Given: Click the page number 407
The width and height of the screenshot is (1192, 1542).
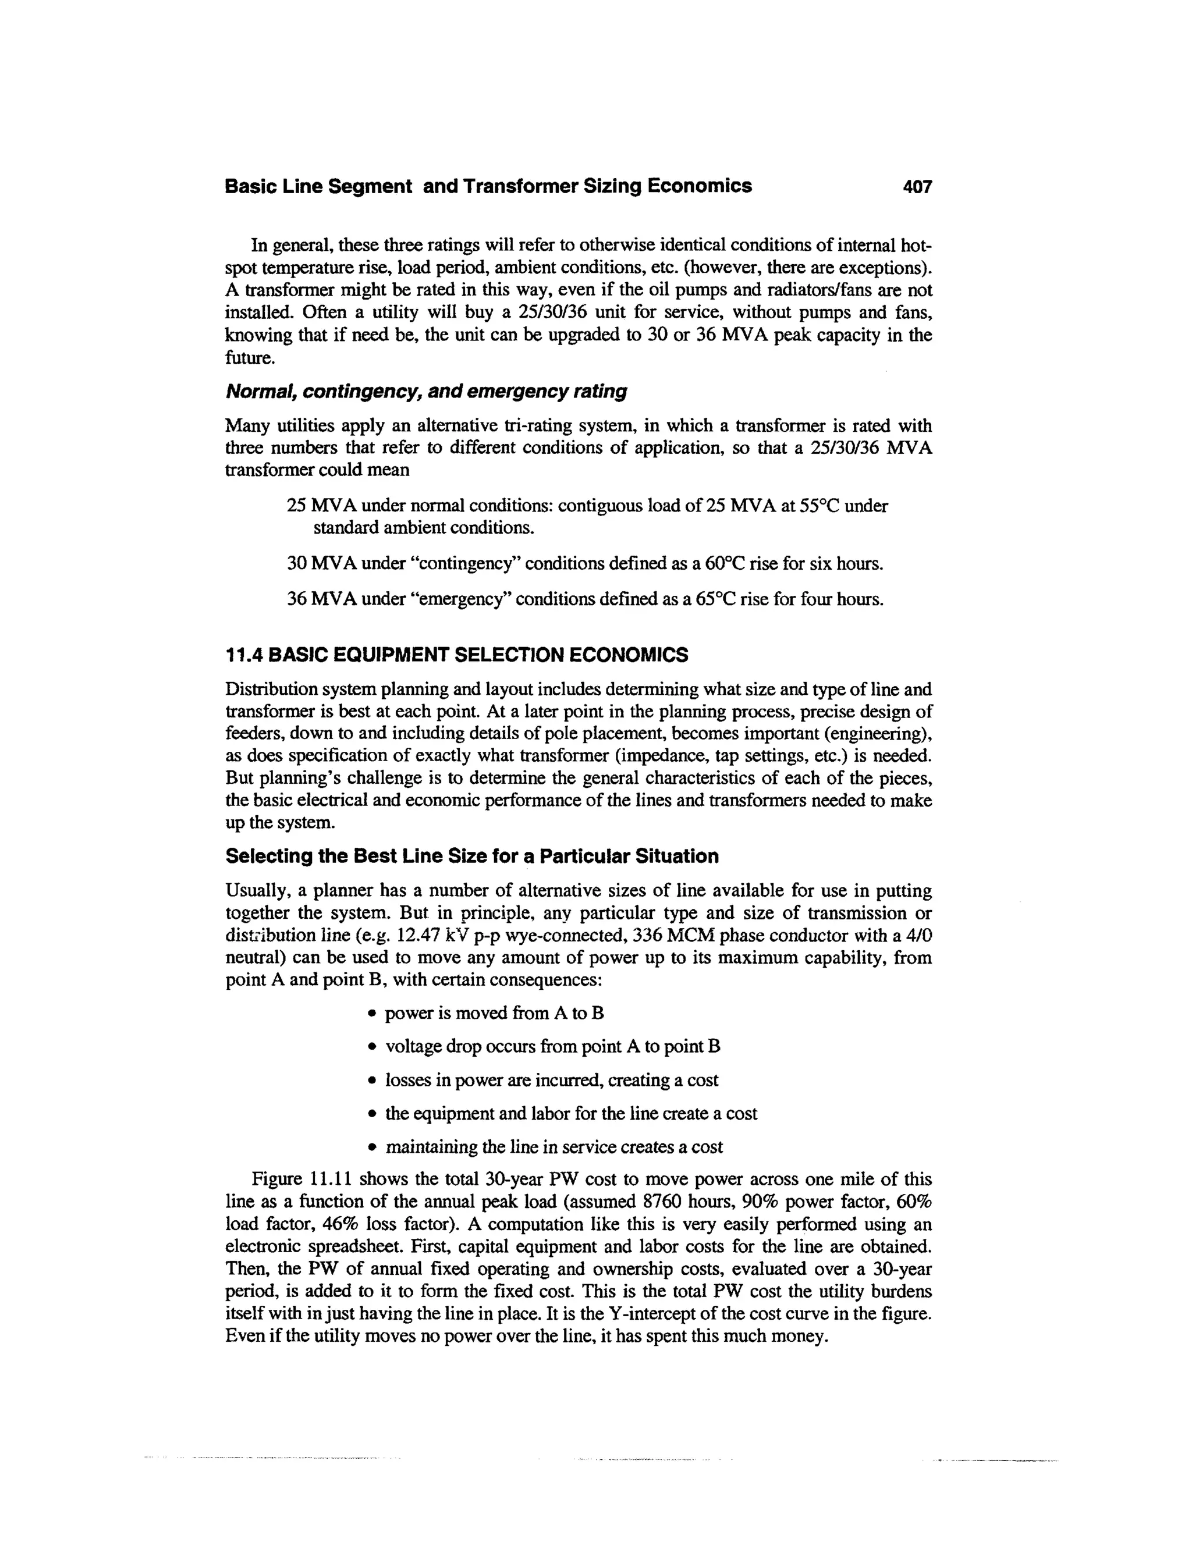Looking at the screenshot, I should click(x=917, y=187).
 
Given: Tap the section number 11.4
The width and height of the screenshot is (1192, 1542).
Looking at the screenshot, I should click(x=244, y=655).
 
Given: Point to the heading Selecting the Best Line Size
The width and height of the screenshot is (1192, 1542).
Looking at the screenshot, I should click(x=471, y=857).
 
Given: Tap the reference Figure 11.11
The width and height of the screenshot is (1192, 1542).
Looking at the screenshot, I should click(x=304, y=1180).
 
